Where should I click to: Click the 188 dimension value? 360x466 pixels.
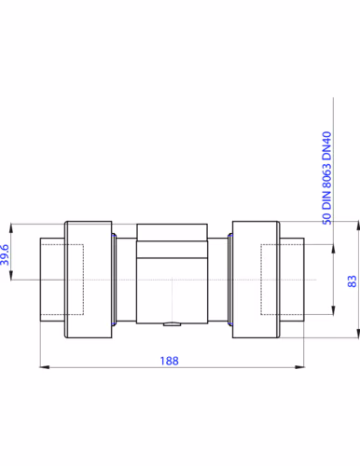coord(169,361)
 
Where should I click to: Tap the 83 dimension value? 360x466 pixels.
coord(352,281)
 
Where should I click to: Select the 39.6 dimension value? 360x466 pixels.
coord(5,254)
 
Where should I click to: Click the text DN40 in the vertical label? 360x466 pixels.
coord(326,145)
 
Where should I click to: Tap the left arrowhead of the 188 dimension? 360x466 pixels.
coord(45,367)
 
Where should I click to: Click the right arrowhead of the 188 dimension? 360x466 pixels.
coord(299,367)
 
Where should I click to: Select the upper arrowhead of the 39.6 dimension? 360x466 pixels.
coord(11,227)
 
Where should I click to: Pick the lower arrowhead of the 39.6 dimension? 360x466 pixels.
coord(11,275)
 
